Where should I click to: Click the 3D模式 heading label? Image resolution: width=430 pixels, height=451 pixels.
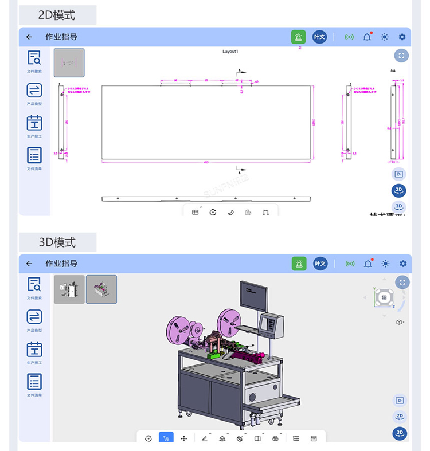(x=57, y=242)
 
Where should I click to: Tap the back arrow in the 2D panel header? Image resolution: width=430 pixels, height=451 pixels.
(x=29, y=37)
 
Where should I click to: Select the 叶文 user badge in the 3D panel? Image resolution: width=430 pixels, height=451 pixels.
(x=320, y=264)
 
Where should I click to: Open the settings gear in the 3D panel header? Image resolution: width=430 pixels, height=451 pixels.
(x=402, y=264)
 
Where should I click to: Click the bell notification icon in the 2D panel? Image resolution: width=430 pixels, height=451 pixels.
(x=367, y=37)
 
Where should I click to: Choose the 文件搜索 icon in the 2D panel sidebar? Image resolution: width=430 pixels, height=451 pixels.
(x=34, y=58)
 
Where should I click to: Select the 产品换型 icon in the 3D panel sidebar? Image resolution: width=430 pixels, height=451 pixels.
(x=34, y=317)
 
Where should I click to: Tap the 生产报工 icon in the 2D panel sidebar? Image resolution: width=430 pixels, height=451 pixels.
(x=34, y=123)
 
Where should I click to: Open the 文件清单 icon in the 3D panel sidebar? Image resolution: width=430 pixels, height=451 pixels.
(x=34, y=382)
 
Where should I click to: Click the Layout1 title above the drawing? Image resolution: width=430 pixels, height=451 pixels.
(x=230, y=52)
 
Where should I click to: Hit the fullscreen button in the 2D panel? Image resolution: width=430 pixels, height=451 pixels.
(x=401, y=56)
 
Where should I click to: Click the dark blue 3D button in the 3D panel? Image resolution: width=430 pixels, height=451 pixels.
(x=400, y=433)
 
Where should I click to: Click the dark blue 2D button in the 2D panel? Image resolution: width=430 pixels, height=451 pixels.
(x=399, y=190)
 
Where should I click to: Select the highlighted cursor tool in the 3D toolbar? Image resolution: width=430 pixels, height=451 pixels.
(x=166, y=438)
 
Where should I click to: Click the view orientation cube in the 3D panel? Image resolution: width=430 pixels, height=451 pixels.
(x=384, y=297)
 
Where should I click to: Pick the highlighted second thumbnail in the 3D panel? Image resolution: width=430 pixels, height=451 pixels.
(x=101, y=289)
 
